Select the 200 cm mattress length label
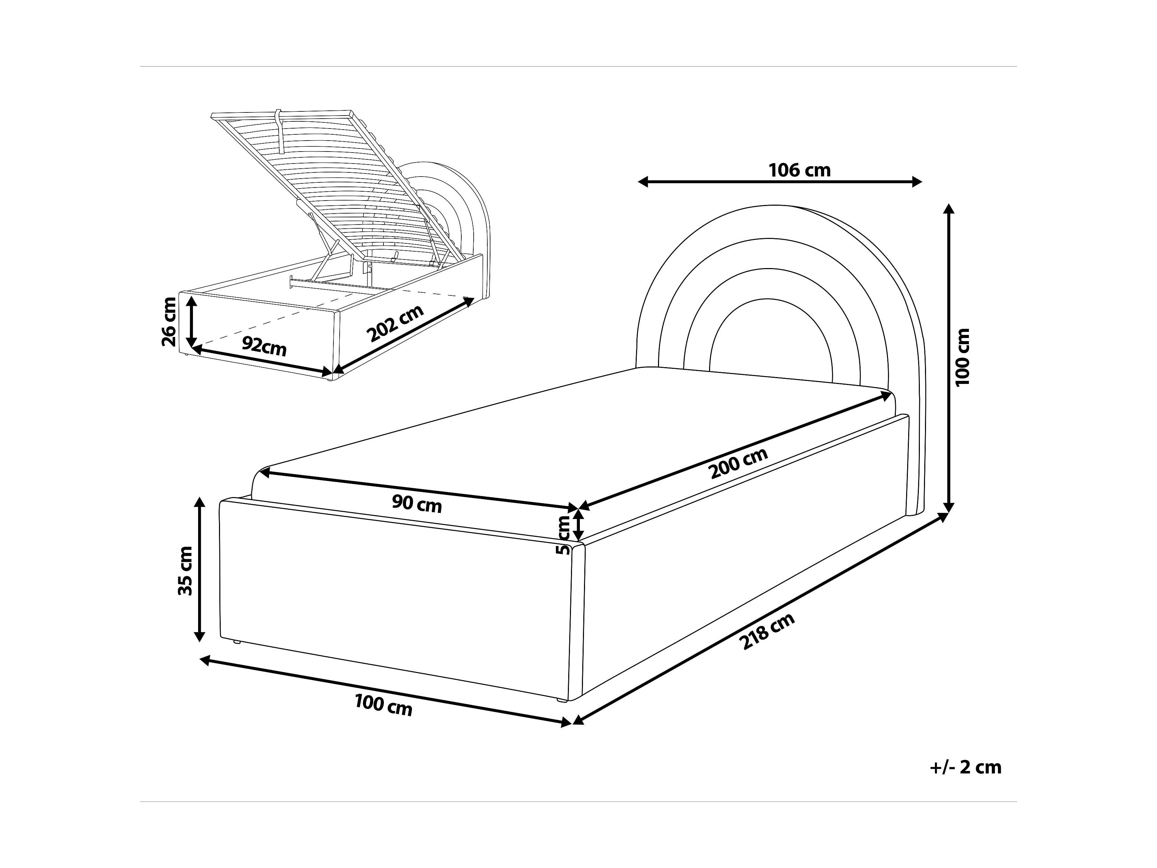pos(739,463)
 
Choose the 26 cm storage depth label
pos(169,322)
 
